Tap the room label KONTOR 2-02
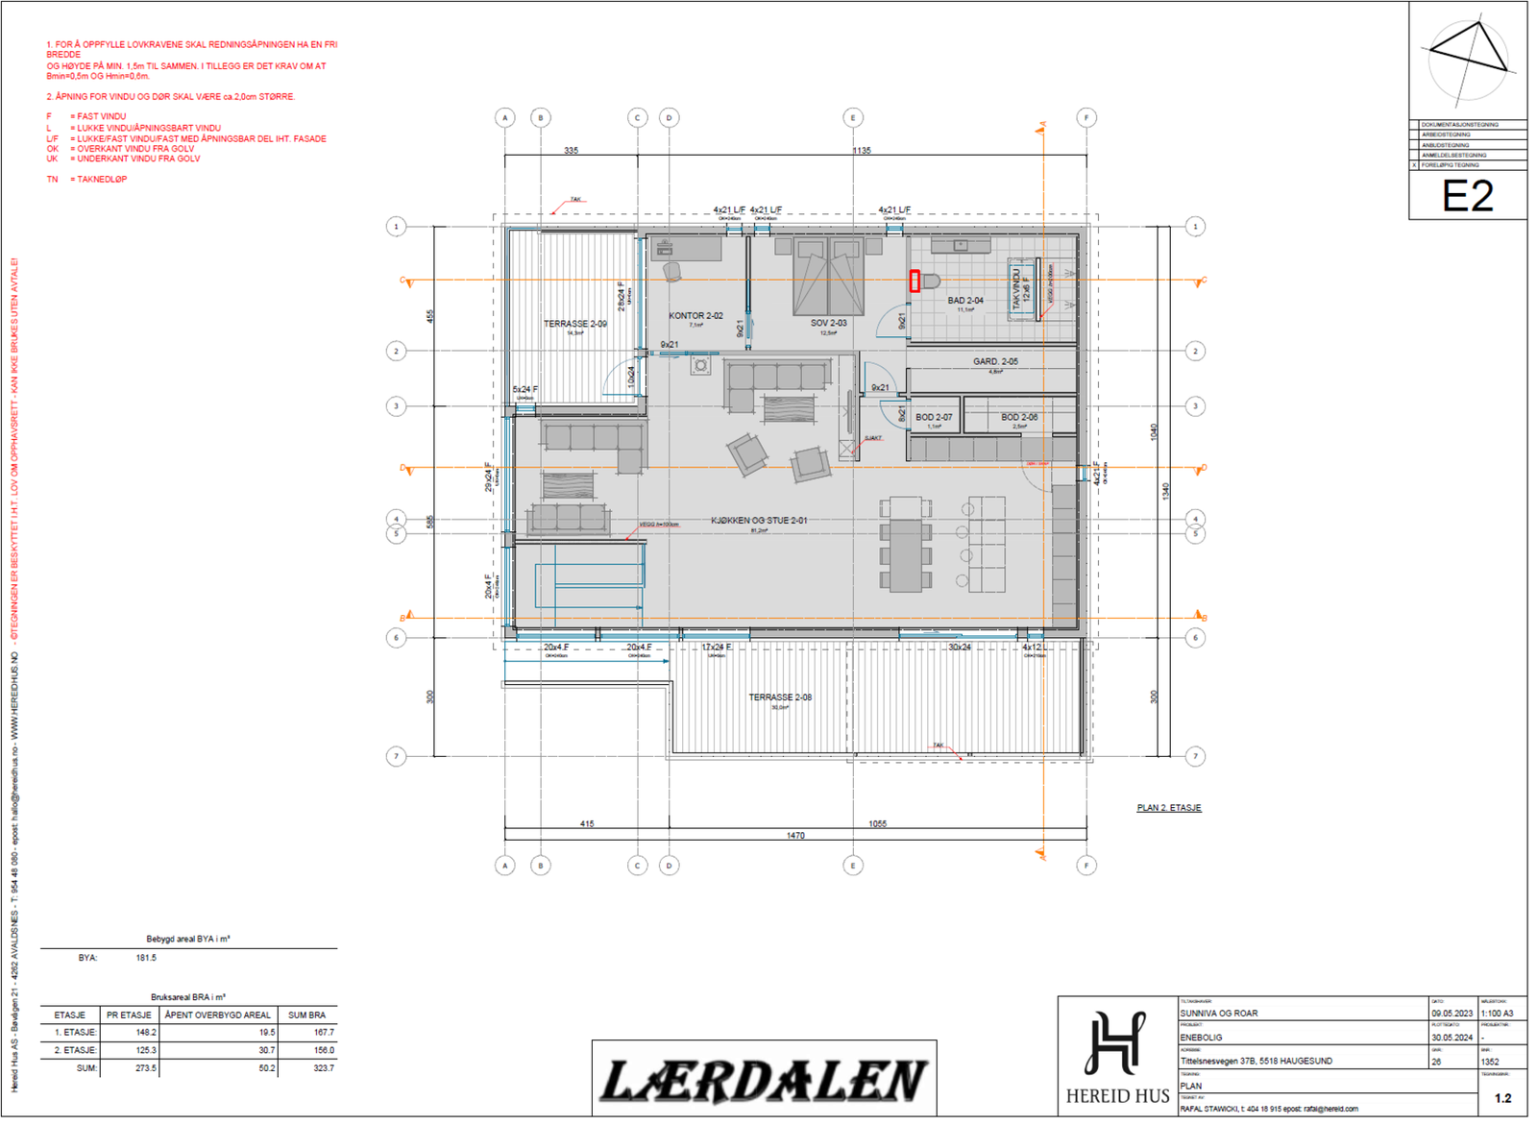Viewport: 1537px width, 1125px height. click(695, 316)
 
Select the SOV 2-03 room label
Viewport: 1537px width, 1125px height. click(828, 324)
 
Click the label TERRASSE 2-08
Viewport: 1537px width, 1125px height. click(780, 697)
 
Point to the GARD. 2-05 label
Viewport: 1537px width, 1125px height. click(995, 362)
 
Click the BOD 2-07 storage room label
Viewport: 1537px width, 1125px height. click(934, 418)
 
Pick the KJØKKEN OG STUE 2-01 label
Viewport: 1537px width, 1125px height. click(759, 521)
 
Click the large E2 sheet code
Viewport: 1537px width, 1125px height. click(1468, 196)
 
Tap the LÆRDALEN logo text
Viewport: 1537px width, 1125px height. click(764, 1081)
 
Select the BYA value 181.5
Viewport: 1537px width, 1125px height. click(146, 958)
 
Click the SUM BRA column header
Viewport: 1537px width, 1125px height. click(306, 1015)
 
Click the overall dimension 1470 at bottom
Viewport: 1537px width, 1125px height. click(795, 836)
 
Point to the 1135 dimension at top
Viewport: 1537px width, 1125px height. click(861, 151)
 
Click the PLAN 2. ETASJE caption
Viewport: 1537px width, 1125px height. click(1169, 808)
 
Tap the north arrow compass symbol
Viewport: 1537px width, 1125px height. click(1467, 60)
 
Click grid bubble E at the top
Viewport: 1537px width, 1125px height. click(852, 118)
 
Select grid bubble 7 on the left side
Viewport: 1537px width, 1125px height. click(396, 757)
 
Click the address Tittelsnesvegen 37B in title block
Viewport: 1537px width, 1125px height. click(1256, 1062)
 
